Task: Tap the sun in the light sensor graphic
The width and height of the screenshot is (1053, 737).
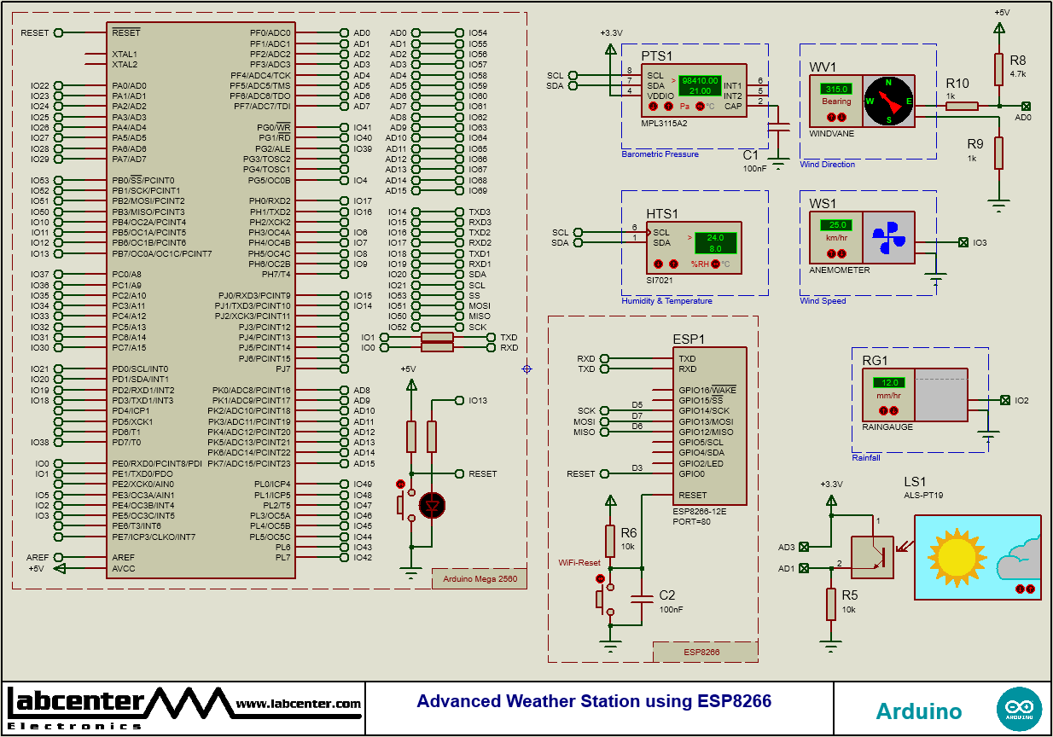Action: [x=956, y=554]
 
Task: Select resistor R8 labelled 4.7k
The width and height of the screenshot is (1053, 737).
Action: [x=998, y=68]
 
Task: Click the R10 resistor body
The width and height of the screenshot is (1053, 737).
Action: [x=962, y=106]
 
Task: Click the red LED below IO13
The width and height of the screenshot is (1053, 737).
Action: [x=433, y=505]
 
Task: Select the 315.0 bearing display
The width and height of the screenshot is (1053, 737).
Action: [x=836, y=89]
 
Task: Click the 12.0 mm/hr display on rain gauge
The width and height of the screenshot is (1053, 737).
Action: [x=893, y=382]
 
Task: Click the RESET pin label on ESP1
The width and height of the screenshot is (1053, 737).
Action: [x=692, y=495]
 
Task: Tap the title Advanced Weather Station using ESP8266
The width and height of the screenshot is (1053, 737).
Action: [x=594, y=701]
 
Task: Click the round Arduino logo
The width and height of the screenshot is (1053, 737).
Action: [x=1019, y=708]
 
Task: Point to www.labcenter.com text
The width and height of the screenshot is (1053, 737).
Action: [x=298, y=704]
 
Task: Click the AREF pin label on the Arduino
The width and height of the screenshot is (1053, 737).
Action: [x=124, y=557]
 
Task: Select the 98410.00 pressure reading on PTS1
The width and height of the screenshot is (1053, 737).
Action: [x=700, y=80]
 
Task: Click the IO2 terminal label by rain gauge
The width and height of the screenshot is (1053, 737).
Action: [x=1022, y=400]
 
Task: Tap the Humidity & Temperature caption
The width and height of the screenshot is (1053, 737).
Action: [x=666, y=300]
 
